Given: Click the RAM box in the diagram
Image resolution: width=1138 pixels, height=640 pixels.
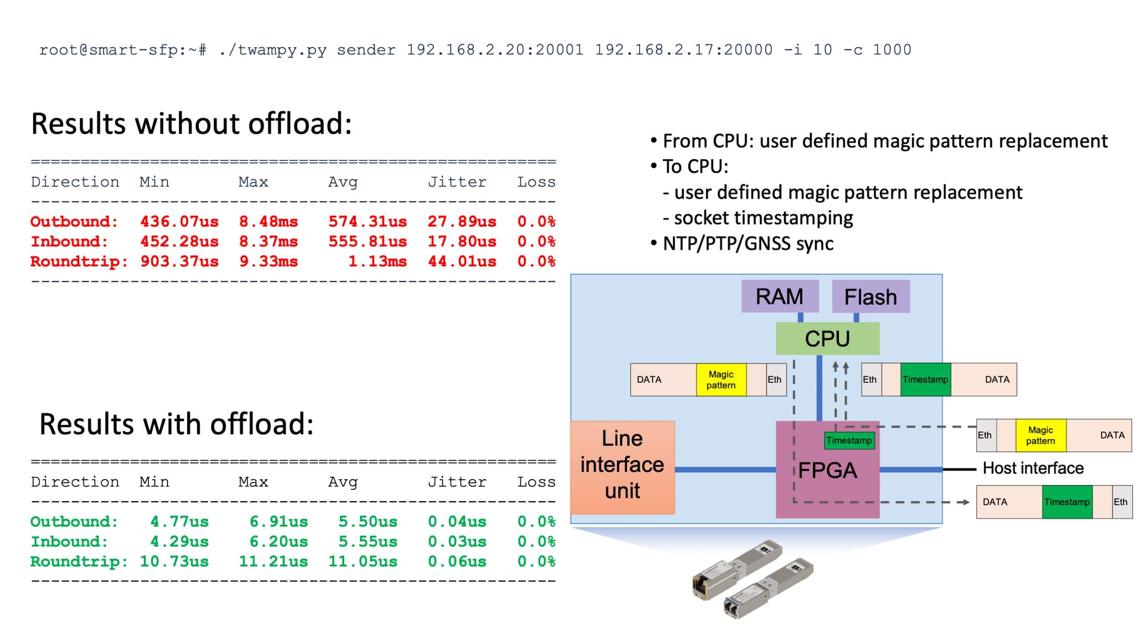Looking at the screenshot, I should (780, 296).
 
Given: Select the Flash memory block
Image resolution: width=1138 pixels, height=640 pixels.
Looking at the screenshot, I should (870, 297).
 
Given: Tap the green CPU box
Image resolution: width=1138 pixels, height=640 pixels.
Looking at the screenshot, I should (827, 339).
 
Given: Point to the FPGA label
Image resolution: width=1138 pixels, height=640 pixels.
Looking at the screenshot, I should (827, 470).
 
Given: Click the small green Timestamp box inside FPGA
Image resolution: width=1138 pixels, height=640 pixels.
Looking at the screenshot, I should (849, 440).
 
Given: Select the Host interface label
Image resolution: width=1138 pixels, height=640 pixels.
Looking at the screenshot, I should (1033, 468).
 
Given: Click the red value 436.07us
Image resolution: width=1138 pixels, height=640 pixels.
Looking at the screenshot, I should (179, 222).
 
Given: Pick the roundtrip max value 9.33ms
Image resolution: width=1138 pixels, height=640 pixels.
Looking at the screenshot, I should (268, 262).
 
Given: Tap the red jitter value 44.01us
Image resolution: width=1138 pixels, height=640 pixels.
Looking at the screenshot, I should (462, 262).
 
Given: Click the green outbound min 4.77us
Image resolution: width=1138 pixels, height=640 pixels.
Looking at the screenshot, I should (179, 522).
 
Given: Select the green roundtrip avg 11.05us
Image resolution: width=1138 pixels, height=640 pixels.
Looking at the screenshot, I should (362, 562).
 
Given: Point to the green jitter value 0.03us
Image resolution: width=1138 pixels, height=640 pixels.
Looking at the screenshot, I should (457, 542).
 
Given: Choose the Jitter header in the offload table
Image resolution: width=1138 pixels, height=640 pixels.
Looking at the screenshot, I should (457, 482).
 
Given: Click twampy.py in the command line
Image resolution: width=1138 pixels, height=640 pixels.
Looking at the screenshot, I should (272, 50).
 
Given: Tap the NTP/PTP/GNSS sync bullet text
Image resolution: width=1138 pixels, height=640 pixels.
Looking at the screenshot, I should (748, 244).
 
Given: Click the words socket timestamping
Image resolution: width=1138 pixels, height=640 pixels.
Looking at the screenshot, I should (763, 218).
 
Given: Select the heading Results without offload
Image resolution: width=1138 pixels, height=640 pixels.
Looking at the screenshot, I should (191, 123).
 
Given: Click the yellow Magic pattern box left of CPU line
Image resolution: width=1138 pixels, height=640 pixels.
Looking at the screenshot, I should (721, 380).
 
